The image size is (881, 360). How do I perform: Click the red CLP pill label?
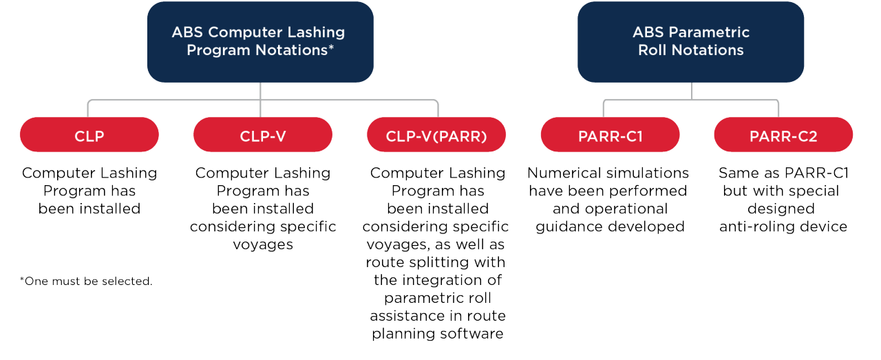[89, 136]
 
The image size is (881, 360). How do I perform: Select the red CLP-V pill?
[263, 136]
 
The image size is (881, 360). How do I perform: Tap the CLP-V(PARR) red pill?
[436, 136]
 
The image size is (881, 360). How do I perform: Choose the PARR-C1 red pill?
[611, 136]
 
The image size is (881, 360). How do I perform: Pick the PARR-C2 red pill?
[783, 136]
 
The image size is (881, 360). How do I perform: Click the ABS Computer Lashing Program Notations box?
[260, 41]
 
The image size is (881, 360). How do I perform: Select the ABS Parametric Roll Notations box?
[690, 41]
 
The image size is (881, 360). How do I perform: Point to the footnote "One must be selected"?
[86, 281]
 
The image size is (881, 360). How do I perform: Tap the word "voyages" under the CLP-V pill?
[263, 244]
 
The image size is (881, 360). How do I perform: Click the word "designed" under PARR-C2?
[783, 209]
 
